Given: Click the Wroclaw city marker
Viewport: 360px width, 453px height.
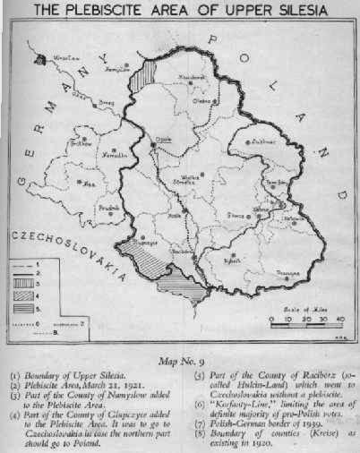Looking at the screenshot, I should [x=40, y=60].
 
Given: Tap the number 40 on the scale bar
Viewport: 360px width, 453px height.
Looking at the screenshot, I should [x=339, y=319].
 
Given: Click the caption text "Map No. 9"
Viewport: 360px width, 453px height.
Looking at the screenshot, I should [x=179, y=356].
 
